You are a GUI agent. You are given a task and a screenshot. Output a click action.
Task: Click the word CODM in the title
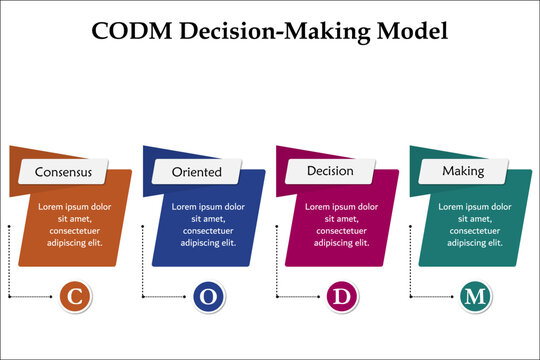click(130, 29)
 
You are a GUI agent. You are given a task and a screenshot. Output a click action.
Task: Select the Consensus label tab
click(63, 171)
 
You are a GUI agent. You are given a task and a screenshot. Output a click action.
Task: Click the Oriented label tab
click(197, 171)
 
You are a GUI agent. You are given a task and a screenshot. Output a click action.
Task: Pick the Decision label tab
click(330, 171)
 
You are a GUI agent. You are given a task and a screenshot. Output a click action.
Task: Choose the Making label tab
click(464, 171)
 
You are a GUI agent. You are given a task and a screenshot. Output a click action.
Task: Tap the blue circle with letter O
click(207, 296)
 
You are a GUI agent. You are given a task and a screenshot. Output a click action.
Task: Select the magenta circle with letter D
click(341, 296)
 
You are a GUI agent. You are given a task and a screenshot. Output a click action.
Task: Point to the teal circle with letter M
click(475, 296)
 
